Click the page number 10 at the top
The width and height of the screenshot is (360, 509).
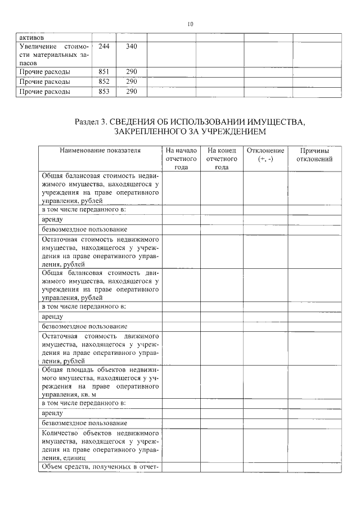190,24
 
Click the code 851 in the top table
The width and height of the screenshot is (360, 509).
103,72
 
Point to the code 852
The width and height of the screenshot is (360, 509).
103,82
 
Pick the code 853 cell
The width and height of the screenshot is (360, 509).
103,91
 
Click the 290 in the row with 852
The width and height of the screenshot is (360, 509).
132,82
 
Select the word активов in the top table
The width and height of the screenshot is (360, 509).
31,38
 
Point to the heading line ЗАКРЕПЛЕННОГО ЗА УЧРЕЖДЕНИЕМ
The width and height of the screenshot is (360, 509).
190,132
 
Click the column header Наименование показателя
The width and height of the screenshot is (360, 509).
100,151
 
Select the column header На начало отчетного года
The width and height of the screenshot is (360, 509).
181,159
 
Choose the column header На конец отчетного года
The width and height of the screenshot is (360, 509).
222,159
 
